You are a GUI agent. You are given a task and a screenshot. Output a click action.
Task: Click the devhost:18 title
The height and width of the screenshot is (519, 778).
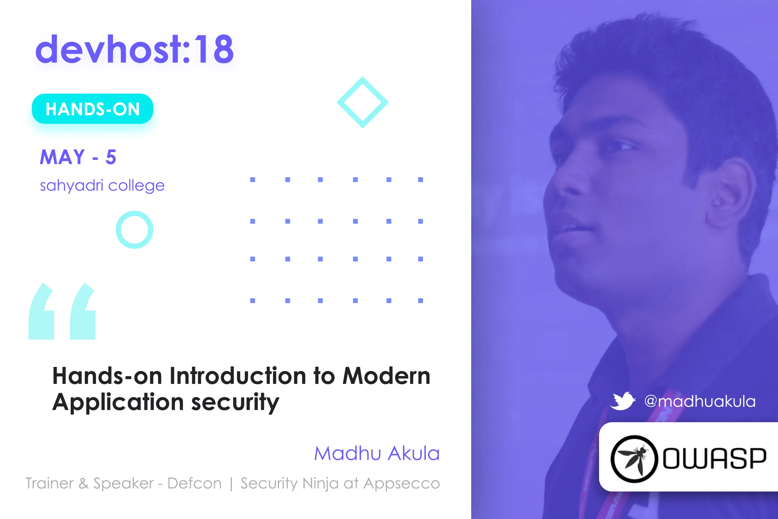click(x=135, y=49)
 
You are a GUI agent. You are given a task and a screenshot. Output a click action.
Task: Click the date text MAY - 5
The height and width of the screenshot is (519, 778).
click(x=78, y=157)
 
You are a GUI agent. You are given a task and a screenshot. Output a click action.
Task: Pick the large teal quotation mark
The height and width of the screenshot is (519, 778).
click(x=62, y=311)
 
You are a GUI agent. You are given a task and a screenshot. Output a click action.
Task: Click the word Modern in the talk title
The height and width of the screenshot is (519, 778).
click(x=386, y=376)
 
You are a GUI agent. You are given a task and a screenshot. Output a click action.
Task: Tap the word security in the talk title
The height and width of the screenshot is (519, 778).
click(x=235, y=403)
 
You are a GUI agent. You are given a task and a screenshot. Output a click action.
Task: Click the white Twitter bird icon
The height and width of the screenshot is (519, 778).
click(x=623, y=401)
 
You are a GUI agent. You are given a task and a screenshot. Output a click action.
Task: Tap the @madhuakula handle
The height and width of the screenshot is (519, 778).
click(x=700, y=401)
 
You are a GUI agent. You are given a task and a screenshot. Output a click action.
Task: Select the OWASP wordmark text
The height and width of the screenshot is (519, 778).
click(x=714, y=459)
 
